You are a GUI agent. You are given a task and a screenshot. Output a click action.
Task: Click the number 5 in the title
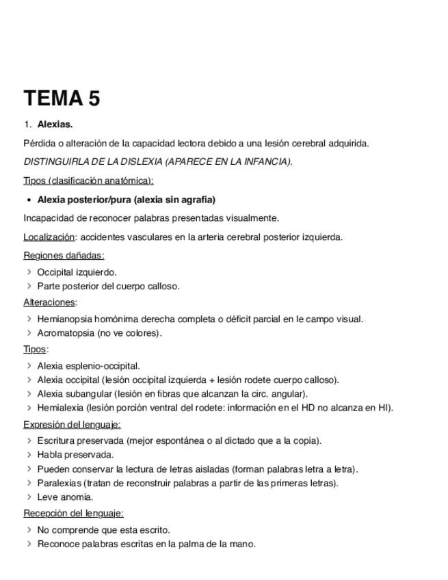[93, 98]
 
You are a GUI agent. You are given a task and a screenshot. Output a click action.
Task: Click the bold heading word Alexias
[55, 124]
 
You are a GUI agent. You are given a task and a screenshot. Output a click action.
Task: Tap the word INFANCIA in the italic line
[265, 162]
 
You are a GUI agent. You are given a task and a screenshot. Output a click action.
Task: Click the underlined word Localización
[49, 237]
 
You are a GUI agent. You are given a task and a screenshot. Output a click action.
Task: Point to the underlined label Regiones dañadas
[64, 256]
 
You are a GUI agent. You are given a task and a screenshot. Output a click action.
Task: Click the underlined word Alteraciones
[49, 302]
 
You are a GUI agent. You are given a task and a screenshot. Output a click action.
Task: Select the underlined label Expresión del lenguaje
[72, 425]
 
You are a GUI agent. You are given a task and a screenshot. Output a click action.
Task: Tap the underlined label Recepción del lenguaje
[73, 513]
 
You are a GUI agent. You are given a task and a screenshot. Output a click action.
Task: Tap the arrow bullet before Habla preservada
[29, 454]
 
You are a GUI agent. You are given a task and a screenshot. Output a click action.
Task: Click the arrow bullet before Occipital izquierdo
[29, 272]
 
